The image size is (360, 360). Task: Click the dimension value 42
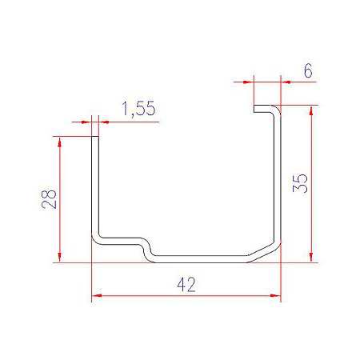coord(186,285)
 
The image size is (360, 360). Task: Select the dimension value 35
coord(300,183)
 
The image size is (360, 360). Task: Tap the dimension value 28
coord(49,199)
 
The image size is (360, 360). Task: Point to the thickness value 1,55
coord(138,108)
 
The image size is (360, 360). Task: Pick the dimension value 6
coord(308,71)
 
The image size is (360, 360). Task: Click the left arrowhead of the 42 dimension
coord(97,295)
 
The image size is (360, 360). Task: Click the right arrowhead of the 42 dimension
coord(275,295)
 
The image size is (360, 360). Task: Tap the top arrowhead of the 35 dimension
coord(311,110)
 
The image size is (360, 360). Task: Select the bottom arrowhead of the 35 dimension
coord(311,258)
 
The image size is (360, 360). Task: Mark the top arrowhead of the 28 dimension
coord(59,142)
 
